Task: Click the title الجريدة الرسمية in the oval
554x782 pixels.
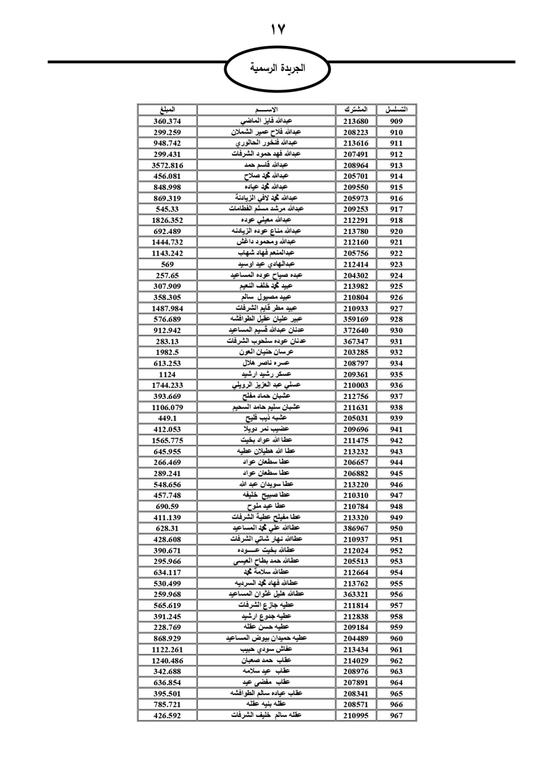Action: point(277,69)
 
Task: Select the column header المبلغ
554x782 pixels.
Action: point(167,110)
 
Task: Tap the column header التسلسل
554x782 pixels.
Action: point(396,110)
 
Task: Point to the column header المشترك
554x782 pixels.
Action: point(356,110)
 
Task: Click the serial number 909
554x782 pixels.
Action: point(396,121)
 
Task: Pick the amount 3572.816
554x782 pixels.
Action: point(167,165)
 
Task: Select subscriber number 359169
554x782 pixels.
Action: point(356,319)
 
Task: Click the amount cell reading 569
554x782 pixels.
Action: point(167,264)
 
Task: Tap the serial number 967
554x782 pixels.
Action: point(396,716)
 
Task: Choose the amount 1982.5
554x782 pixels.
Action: point(167,352)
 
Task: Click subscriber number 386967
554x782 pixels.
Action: point(356,529)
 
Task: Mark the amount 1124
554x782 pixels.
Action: point(167,374)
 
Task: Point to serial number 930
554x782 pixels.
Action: point(396,330)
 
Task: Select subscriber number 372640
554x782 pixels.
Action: point(356,330)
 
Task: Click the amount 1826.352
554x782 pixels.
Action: point(167,220)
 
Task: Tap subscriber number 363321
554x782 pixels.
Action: point(356,594)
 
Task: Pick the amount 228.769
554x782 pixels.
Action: point(167,628)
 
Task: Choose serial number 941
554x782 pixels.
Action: point(396,429)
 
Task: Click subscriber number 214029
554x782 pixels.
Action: point(356,661)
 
